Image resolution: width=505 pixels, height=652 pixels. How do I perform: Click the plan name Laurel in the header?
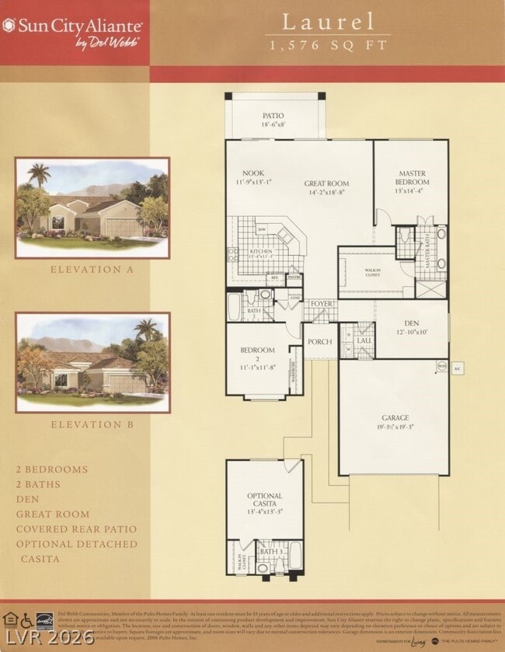coord(327,22)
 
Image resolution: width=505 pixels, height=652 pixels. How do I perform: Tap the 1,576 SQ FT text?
coord(327,45)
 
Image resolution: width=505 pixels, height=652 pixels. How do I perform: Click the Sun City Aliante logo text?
coord(73,25)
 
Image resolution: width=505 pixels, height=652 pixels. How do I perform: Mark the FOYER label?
coord(321,304)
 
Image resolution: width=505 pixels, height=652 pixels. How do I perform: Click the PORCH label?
coord(319,341)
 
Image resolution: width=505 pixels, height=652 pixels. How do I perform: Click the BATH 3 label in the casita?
coord(270,553)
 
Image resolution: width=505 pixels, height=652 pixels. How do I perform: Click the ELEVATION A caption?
coord(92,270)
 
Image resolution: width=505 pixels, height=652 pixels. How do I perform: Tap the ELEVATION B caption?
coord(92,424)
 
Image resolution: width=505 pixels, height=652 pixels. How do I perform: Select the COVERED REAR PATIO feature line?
coord(75,529)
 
